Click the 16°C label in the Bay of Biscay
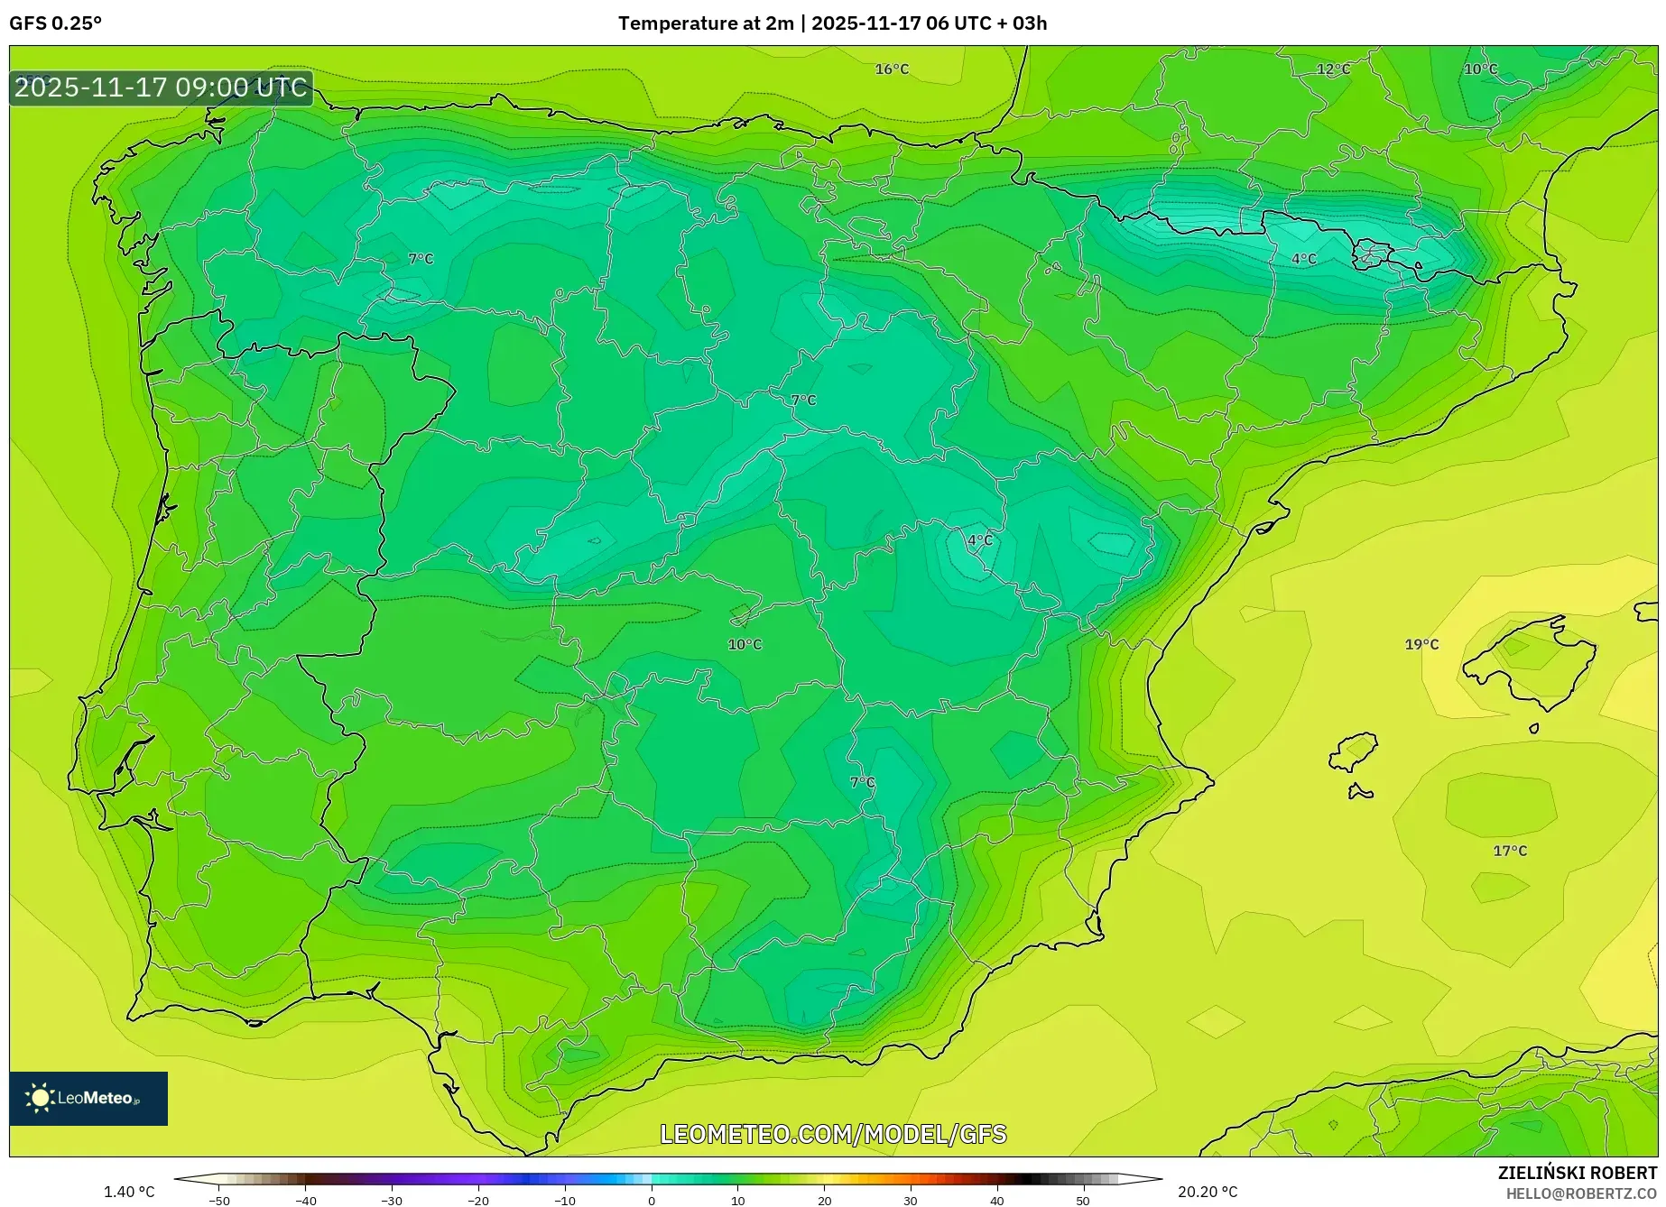(892, 69)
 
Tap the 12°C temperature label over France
(1333, 69)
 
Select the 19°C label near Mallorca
(1421, 644)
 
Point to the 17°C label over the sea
(1510, 851)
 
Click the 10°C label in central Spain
(745, 644)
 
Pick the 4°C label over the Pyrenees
(1304, 259)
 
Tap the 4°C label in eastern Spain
(980, 540)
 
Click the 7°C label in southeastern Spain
(863, 782)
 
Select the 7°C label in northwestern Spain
(421, 259)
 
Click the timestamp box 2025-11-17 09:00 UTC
(162, 88)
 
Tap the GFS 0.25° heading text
(56, 23)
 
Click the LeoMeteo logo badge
(88, 1098)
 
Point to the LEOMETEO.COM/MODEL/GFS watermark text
(833, 1134)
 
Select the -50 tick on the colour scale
(219, 1201)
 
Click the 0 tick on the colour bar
(652, 1201)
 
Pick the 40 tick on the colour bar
(996, 1201)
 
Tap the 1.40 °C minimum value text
(129, 1192)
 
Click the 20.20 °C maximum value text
(1208, 1192)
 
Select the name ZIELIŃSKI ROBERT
(1578, 1173)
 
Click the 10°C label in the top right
(1480, 69)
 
